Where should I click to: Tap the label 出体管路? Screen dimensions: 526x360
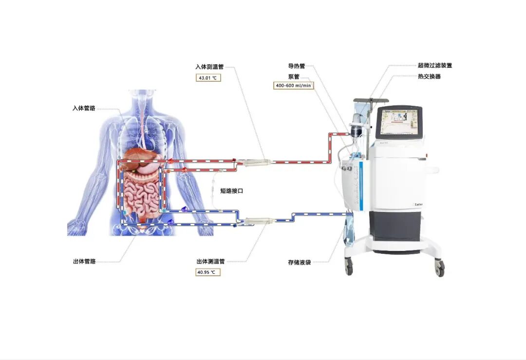tap(84, 262)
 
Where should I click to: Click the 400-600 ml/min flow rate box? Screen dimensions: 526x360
tap(294, 85)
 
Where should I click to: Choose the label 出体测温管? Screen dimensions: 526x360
tap(210, 262)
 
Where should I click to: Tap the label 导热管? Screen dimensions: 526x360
tap(297, 66)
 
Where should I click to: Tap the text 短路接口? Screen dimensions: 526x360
tap(232, 191)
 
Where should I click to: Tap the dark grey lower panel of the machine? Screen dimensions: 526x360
tap(394, 224)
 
